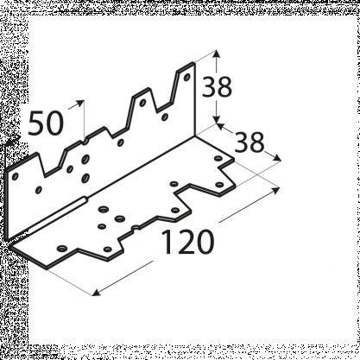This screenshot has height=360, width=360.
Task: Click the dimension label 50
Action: (x=46, y=123)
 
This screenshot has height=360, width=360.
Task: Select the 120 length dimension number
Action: (x=188, y=242)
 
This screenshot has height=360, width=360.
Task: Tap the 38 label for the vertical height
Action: (x=217, y=87)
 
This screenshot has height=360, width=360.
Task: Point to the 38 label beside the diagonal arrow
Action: (x=249, y=142)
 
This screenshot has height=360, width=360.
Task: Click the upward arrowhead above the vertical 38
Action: (x=218, y=54)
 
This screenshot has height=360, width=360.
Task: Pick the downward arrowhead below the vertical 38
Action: (x=218, y=119)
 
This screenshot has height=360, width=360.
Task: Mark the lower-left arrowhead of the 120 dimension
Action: (x=96, y=293)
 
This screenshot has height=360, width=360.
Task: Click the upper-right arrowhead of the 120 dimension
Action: (x=275, y=190)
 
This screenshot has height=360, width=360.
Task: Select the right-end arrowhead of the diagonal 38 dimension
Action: (x=277, y=158)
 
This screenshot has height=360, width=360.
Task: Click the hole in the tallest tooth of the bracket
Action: (x=186, y=77)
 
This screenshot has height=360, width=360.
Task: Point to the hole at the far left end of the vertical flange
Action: (x=16, y=176)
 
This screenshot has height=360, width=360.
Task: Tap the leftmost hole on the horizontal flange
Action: (x=62, y=249)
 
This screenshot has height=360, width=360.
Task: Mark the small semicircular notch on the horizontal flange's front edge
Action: (x=136, y=229)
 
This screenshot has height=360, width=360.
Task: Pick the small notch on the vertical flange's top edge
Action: (x=85, y=142)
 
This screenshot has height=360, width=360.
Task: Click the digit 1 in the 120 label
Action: (x=168, y=242)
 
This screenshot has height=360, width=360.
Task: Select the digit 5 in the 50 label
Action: (x=36, y=123)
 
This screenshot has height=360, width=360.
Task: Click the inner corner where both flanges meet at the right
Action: (x=195, y=136)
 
